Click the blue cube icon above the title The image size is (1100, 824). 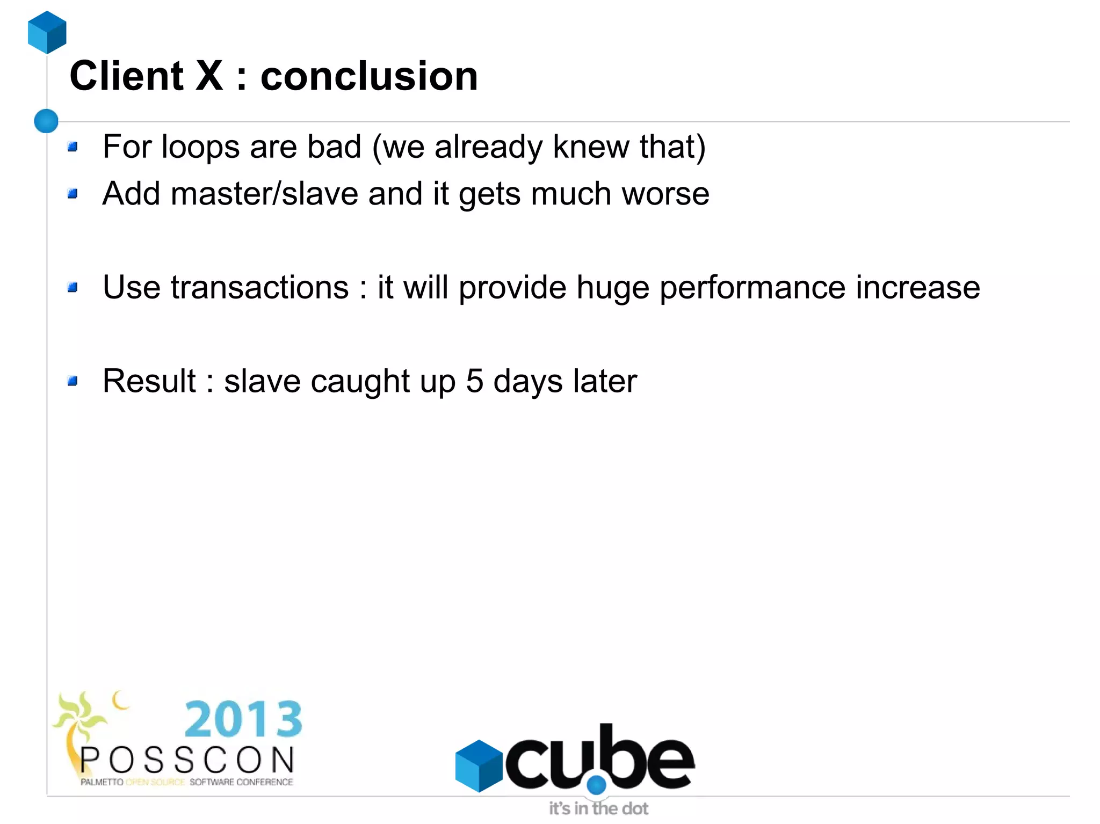pyautogui.click(x=47, y=32)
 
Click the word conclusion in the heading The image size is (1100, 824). pyautogui.click(x=369, y=76)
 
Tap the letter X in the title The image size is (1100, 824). pyautogui.click(x=209, y=76)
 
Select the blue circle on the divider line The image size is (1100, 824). pyautogui.click(x=46, y=121)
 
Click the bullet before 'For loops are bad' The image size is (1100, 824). pyautogui.click(x=73, y=147)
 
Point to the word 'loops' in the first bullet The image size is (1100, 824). pyautogui.click(x=200, y=147)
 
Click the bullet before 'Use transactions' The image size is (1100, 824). pyautogui.click(x=73, y=288)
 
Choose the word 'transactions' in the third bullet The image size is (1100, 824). pyautogui.click(x=260, y=288)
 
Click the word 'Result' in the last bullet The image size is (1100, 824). pyautogui.click(x=149, y=381)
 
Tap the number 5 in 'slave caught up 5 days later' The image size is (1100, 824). pyautogui.click(x=474, y=381)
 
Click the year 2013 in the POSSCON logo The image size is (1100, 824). pyautogui.click(x=243, y=719)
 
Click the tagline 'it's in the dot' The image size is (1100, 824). pyautogui.click(x=598, y=808)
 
